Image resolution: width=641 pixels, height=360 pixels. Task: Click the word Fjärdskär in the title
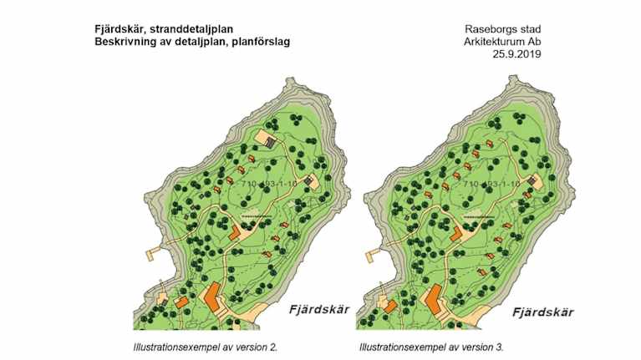click(x=118, y=27)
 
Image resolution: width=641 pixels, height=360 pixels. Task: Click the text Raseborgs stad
click(x=503, y=27)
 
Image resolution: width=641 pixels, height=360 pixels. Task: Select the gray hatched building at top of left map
click(x=270, y=142)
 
